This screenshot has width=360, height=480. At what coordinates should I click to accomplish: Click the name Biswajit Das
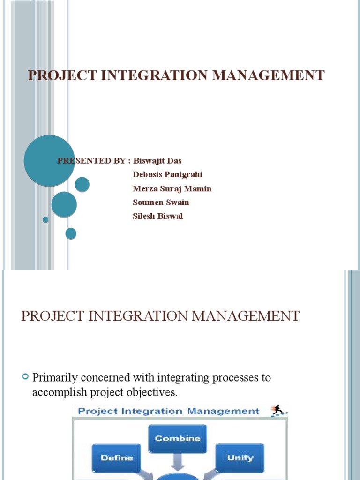(x=157, y=161)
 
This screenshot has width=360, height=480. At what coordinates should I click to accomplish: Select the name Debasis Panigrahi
(x=167, y=175)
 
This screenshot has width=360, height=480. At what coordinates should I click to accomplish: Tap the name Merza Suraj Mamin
(x=172, y=188)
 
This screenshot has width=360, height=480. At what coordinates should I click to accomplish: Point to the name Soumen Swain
(x=161, y=202)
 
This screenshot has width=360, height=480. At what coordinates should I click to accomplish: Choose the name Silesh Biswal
(x=157, y=216)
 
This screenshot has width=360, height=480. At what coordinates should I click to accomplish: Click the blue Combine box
(x=177, y=439)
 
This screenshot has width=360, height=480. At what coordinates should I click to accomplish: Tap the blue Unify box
(x=240, y=457)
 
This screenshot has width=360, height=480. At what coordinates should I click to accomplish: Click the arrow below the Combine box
(x=178, y=462)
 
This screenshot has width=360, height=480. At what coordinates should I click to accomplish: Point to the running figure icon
(x=278, y=411)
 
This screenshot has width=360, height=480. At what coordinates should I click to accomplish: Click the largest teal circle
(x=49, y=160)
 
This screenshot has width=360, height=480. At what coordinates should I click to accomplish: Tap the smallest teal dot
(x=45, y=219)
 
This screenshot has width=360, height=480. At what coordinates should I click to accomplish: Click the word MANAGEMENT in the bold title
(x=268, y=75)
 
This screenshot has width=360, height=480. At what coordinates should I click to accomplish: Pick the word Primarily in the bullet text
(x=53, y=378)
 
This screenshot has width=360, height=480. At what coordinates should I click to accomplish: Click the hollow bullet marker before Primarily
(x=26, y=377)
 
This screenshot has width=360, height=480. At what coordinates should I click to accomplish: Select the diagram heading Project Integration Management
(x=168, y=411)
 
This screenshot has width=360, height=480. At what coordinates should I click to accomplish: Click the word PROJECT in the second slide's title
(x=51, y=316)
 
